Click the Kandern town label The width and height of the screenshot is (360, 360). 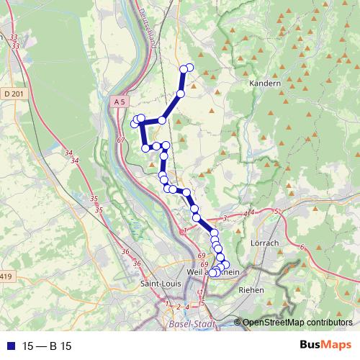click(x=264, y=84)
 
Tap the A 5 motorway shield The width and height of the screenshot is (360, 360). click(x=120, y=104)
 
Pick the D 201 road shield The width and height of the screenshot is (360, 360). click(x=12, y=94)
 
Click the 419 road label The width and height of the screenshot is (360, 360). click(x=6, y=276)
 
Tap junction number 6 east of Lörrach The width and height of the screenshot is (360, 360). click(x=302, y=247)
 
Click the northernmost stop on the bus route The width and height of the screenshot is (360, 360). click(x=190, y=67)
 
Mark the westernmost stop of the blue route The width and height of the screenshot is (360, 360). click(x=134, y=125)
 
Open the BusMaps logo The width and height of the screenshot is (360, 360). click(x=325, y=346)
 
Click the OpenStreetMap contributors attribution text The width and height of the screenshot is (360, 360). click(x=298, y=323)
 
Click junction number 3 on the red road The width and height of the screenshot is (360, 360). click(x=225, y=217)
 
